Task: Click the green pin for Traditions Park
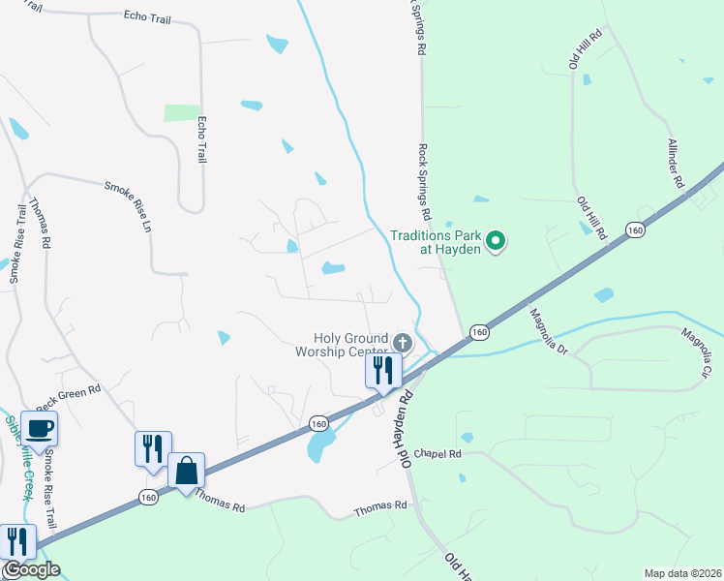[496, 240]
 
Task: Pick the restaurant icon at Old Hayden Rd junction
[384, 371]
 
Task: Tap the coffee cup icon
[39, 429]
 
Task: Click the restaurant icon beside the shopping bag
[153, 448]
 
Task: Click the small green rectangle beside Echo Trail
[182, 112]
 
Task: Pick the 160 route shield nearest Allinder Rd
[635, 229]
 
